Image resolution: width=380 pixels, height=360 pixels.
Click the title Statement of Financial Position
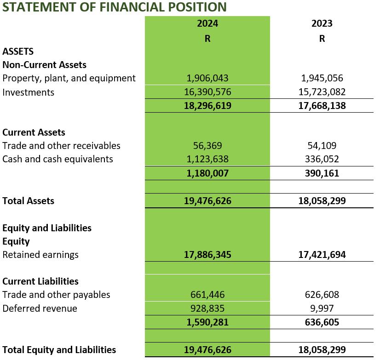[x=115, y=7]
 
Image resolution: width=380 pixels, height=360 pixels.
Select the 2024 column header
[x=207, y=23]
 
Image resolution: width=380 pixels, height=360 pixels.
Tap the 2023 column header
[x=322, y=23]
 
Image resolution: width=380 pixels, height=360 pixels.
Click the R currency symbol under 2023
[x=322, y=39]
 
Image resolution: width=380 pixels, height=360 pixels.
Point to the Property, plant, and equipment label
[x=69, y=78]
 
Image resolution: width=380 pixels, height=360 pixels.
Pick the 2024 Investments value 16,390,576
[x=207, y=92]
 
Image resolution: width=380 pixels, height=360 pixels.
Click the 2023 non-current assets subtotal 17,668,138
[x=322, y=106]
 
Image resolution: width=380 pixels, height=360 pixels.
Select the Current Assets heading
[x=34, y=132]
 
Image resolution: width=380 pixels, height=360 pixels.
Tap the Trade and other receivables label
[x=61, y=146]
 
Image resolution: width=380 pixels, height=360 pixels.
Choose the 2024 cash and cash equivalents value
[x=207, y=159]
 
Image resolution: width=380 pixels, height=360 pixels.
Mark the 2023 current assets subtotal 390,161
[x=322, y=173]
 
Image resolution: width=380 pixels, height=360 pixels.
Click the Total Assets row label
[x=28, y=201]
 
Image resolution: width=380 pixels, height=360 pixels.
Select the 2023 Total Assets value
[x=322, y=201]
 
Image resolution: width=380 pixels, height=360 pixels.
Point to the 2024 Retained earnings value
[x=207, y=255]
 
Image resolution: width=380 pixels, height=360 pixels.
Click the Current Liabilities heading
[x=40, y=281]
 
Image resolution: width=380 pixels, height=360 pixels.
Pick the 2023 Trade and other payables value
[x=322, y=295]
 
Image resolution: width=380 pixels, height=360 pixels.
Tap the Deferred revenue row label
[x=40, y=309]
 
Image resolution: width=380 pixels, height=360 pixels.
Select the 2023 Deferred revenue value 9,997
[x=322, y=309]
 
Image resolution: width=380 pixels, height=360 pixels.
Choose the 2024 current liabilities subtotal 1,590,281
[x=207, y=322]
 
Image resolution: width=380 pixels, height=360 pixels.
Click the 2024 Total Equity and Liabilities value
[x=207, y=350]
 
